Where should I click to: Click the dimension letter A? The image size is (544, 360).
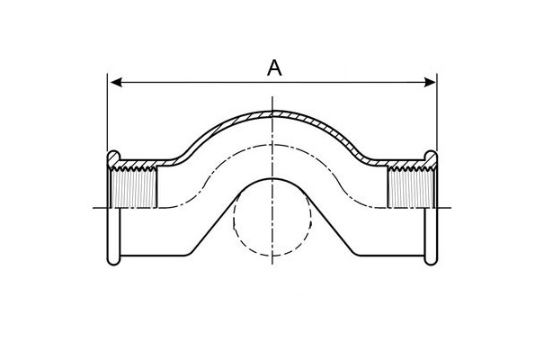274,68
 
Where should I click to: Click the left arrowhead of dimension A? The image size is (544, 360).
115,83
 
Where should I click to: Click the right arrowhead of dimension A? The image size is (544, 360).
430,83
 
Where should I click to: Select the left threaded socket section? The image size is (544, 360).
134,188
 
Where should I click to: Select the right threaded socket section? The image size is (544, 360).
411,188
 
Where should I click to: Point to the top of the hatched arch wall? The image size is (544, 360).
272,112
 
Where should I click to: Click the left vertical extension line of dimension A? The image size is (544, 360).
107,112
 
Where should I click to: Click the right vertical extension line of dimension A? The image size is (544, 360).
437,112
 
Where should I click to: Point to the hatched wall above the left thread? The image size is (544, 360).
146,163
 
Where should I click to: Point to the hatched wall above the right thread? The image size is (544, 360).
399,163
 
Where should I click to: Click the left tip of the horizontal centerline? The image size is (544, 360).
93,208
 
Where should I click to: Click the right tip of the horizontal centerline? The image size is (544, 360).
451,208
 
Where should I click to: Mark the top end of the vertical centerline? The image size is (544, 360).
272,97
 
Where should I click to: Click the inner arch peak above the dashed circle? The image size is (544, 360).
272,178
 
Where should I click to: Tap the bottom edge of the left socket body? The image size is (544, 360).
155,256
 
